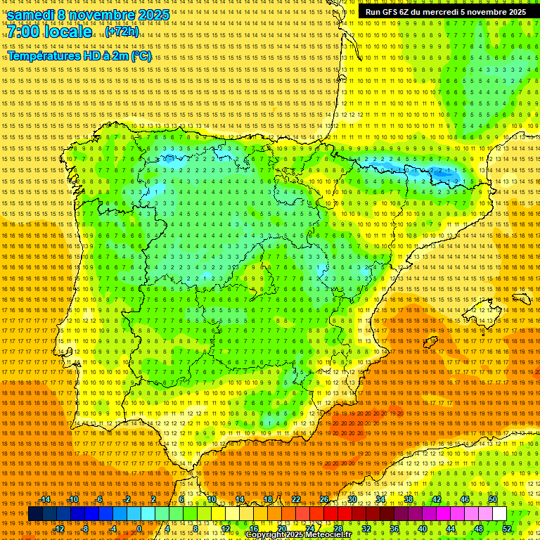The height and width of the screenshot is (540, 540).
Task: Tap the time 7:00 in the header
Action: coord(25,32)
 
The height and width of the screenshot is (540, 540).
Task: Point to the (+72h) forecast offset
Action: coord(122,32)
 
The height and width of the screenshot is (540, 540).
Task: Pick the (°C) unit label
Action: coord(141,56)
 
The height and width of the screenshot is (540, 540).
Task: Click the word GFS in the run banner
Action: coord(391,12)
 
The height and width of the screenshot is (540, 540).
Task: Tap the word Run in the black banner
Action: coord(373,12)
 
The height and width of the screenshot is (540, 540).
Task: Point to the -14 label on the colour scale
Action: coord(45,499)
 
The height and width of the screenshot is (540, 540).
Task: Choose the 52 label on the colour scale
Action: coord(507,529)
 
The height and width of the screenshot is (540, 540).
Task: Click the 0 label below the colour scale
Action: coord(139,529)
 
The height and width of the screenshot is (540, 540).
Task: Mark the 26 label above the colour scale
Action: coord(324,499)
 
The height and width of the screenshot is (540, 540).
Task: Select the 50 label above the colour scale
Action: coord(493,499)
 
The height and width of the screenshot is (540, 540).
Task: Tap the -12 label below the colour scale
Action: coord(59,529)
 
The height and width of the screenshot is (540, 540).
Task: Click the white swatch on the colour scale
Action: coord(499,514)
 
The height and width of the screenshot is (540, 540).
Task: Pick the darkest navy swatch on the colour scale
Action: coord(35,514)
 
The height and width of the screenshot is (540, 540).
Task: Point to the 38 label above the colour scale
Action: coord(409,499)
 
